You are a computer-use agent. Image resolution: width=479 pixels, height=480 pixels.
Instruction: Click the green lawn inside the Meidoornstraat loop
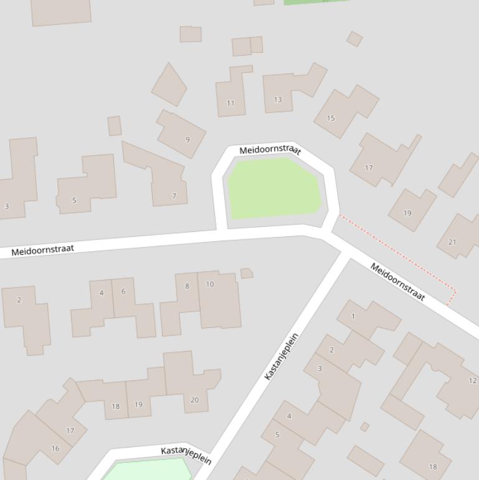point(274,187)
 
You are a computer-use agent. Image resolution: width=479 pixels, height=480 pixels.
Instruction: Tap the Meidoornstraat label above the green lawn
point(270,150)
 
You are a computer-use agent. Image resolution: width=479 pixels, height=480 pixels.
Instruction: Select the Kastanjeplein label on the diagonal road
point(282,357)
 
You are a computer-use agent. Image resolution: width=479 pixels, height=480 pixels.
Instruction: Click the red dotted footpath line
point(399,252)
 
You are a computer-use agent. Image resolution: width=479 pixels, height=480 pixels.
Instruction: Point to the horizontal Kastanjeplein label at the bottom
point(186,455)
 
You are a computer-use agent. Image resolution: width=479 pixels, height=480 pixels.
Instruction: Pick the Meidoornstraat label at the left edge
point(42,249)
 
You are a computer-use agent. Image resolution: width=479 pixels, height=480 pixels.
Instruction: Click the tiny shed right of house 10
point(246,273)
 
